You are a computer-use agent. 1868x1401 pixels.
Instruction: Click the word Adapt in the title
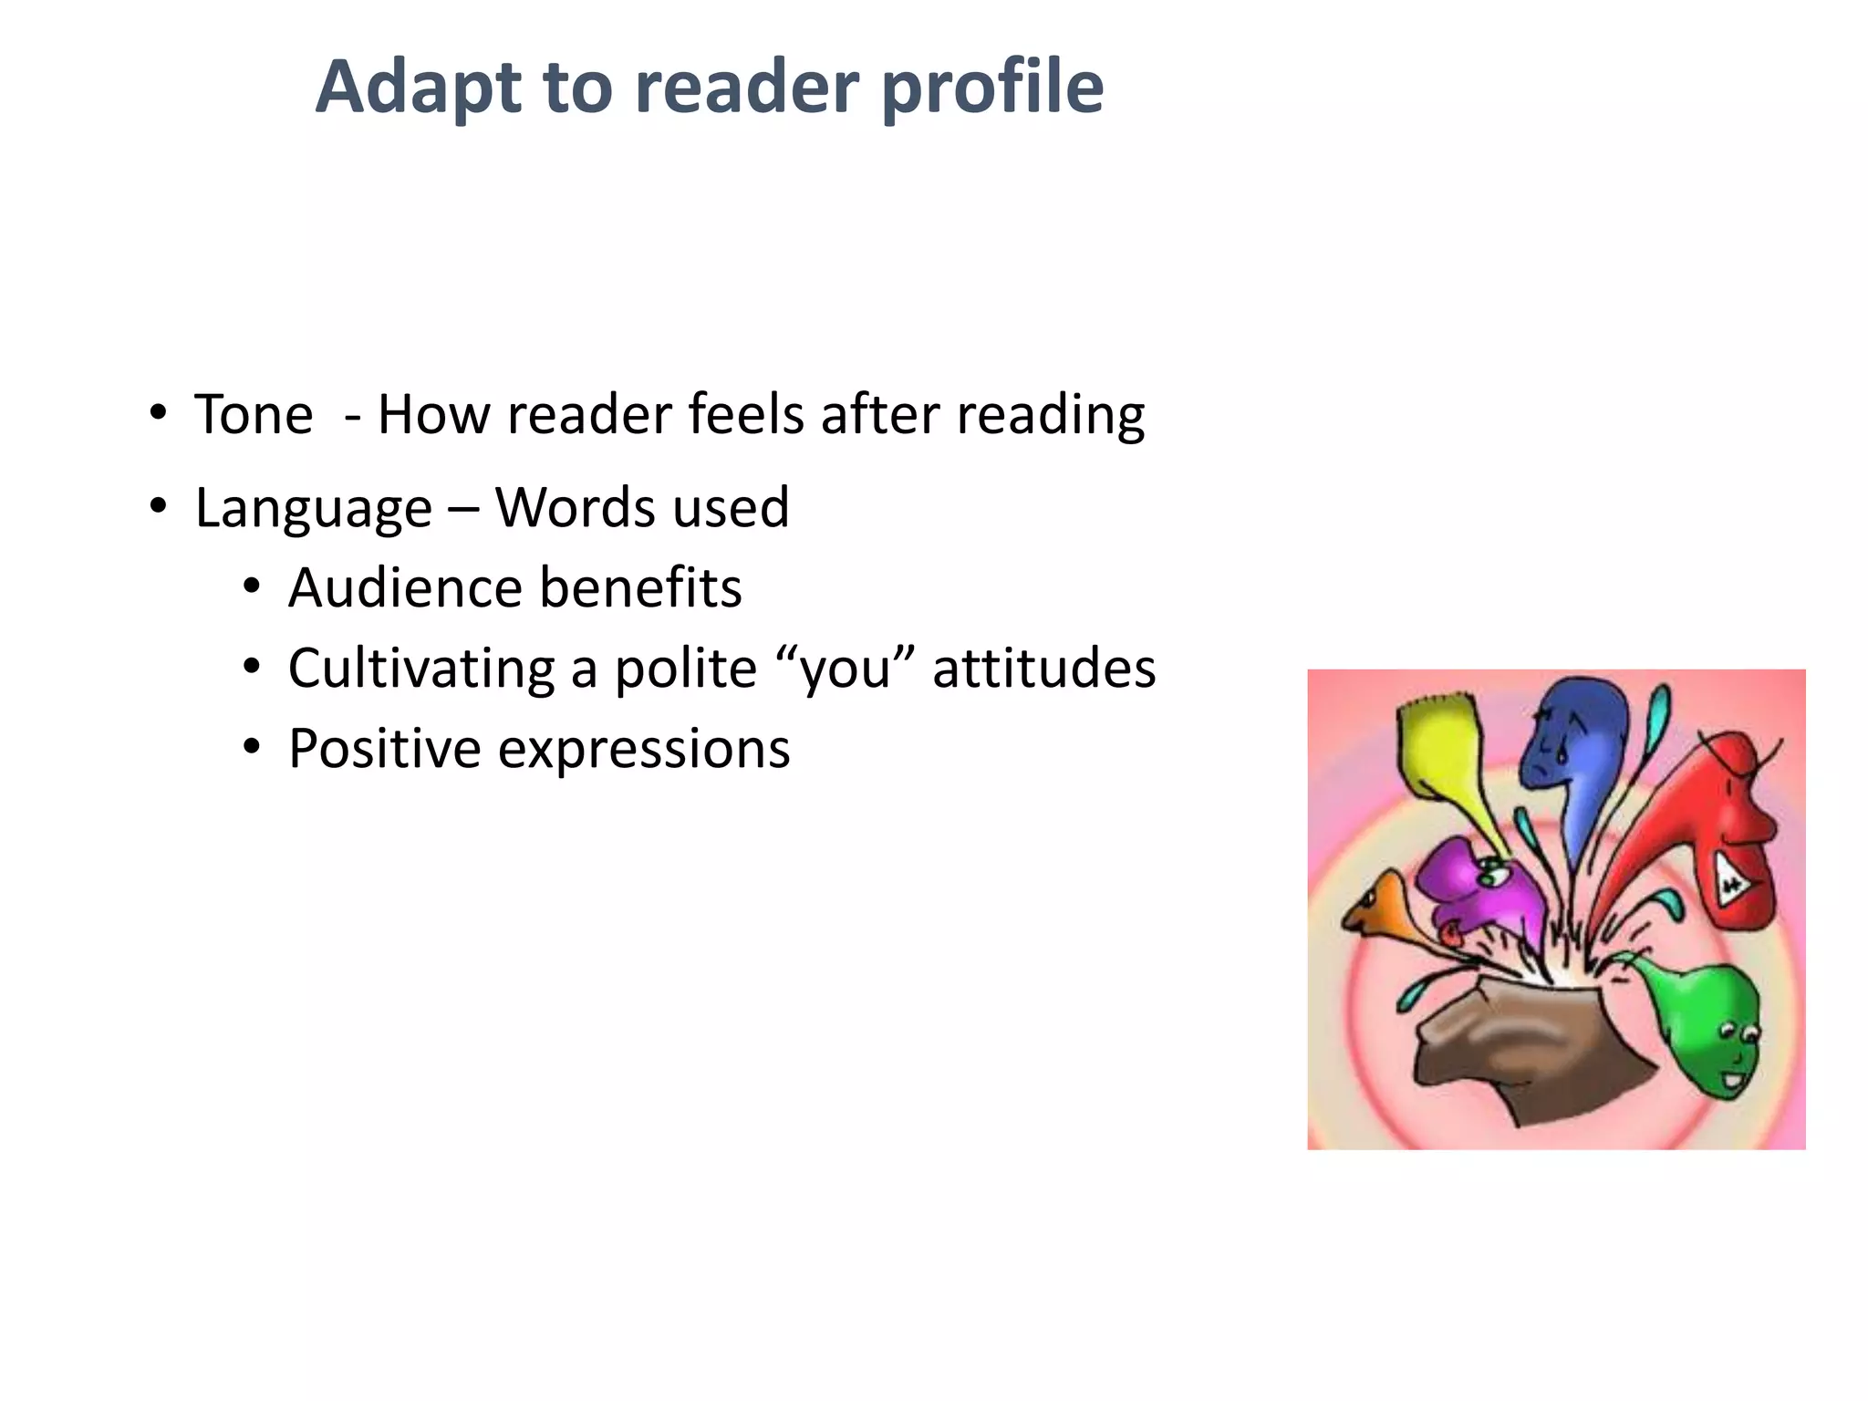point(419,88)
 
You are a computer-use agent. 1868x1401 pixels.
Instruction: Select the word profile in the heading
point(993,88)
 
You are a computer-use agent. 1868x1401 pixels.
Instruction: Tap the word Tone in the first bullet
point(254,415)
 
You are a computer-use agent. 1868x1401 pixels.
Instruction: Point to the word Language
point(314,508)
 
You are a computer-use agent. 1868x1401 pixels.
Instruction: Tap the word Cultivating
point(421,668)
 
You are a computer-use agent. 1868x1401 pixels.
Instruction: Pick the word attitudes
point(1044,668)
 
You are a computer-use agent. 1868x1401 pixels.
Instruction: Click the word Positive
point(385,749)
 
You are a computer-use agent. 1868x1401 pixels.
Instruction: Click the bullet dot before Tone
point(159,412)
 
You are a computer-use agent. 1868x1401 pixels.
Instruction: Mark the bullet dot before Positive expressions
point(253,747)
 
